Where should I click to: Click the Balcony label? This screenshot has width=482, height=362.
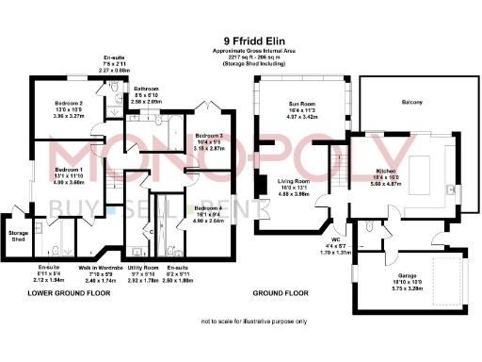[411, 102]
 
